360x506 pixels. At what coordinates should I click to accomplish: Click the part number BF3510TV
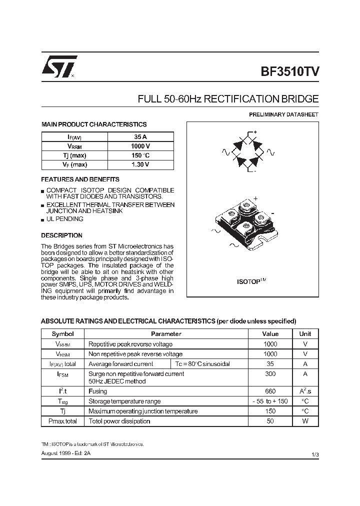coord(289,70)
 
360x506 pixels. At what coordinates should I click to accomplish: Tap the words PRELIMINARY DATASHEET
coord(283,114)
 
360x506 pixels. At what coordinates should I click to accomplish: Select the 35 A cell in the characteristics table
coord(140,137)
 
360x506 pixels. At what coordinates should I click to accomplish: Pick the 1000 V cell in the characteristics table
coord(140,146)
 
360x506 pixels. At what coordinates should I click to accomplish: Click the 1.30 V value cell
coord(140,164)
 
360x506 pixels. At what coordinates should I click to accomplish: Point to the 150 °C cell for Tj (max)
coord(140,155)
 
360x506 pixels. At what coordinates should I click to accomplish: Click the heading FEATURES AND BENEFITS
coord(80,179)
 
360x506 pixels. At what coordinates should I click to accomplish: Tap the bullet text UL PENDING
coord(65,219)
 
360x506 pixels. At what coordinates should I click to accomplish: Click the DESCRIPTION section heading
coord(61,235)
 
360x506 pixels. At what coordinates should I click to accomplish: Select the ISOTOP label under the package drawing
coord(251,281)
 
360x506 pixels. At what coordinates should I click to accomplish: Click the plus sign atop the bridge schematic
coord(255,132)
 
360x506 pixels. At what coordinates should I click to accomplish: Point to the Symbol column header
coord(63,334)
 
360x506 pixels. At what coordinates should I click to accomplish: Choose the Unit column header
coord(305,334)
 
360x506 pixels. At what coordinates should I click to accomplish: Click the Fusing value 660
coord(270,391)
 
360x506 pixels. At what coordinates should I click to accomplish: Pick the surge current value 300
coord(270,374)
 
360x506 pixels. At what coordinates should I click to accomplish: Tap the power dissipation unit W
coord(305,421)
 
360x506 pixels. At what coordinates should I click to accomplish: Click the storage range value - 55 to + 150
coord(270,401)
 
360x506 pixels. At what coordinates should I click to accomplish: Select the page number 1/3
coord(314,454)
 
